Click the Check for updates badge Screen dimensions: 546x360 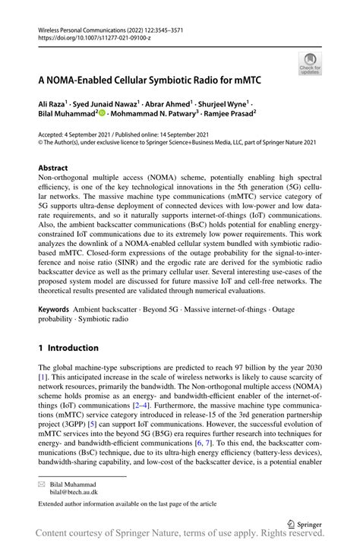click(309, 64)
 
